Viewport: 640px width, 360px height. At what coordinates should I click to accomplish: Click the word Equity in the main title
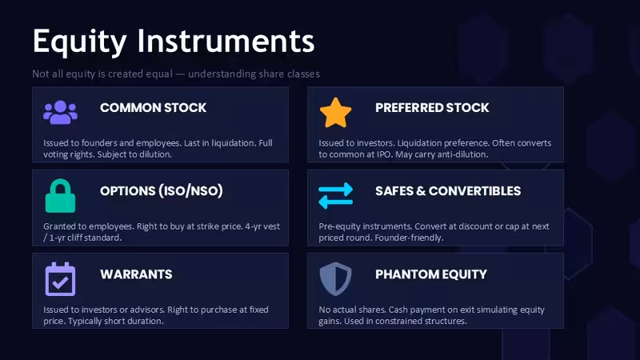tap(79, 42)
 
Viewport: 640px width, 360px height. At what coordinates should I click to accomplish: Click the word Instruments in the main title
tap(226, 41)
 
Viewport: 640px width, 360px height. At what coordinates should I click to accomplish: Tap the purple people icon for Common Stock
tap(61, 112)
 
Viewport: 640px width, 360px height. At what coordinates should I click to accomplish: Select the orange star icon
tap(335, 113)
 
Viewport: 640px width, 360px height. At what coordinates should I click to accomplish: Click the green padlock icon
tap(61, 196)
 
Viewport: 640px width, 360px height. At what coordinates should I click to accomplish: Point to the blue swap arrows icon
tap(335, 195)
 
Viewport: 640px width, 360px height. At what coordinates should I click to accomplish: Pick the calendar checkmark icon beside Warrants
tap(61, 279)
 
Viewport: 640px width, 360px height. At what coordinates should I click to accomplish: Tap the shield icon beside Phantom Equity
tap(335, 278)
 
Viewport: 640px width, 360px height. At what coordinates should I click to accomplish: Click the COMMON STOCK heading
tap(153, 108)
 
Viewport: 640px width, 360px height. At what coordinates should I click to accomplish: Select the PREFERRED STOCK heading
tap(432, 108)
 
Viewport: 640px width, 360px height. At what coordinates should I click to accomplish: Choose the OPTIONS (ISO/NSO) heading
tap(162, 191)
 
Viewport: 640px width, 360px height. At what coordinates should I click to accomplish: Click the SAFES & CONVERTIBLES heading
tap(448, 191)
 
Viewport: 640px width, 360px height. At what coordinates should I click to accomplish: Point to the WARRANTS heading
tap(136, 274)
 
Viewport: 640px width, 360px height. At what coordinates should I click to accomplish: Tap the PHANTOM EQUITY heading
tap(431, 274)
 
